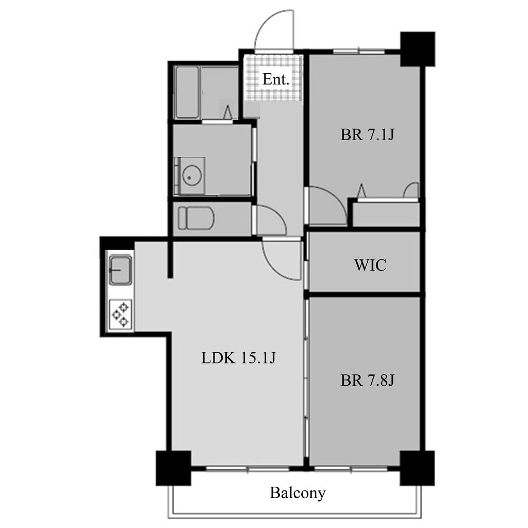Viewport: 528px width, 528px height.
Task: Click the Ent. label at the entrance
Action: pos(276,79)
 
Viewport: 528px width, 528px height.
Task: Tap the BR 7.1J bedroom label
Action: pos(367,135)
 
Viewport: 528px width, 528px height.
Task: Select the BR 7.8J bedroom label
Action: pos(367,380)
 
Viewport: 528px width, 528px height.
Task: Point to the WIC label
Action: pos(370,265)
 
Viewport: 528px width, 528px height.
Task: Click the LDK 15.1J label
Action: pos(238,358)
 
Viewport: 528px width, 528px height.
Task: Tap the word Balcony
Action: pos(298,493)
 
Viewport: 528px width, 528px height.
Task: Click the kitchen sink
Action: pos(120,270)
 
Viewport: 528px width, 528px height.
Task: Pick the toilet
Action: pos(196,218)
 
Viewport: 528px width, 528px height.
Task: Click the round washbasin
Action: pos(192,176)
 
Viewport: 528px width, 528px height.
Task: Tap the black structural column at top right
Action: pos(418,49)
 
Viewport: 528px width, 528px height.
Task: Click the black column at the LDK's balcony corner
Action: pos(173,468)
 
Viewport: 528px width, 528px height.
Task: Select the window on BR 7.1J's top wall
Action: pos(359,52)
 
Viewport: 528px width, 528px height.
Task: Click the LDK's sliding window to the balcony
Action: pos(247,468)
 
